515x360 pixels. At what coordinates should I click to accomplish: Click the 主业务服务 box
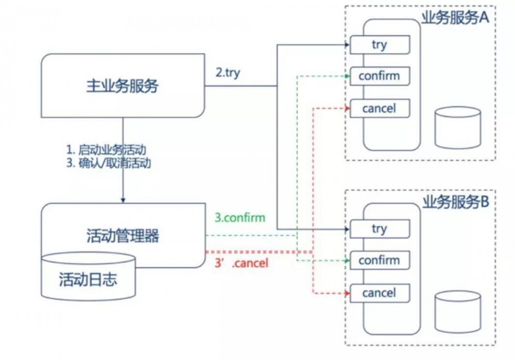coord(123,86)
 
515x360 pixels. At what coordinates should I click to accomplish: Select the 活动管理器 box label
coord(123,236)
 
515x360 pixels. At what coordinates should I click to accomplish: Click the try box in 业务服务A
coord(380,45)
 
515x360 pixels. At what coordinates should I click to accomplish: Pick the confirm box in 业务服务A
coord(380,76)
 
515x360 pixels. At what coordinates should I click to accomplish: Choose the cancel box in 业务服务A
coord(380,108)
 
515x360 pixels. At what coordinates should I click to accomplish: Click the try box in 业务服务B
coord(380,229)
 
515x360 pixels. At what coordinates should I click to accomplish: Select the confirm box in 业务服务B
coord(380,260)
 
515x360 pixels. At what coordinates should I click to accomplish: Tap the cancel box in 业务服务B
coord(380,293)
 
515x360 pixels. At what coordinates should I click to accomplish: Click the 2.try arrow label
coord(228,72)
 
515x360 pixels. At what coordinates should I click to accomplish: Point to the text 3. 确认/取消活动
coord(110,164)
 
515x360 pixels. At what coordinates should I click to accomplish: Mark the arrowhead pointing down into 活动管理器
coord(123,199)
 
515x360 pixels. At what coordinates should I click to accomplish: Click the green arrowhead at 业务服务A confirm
coord(347,76)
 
